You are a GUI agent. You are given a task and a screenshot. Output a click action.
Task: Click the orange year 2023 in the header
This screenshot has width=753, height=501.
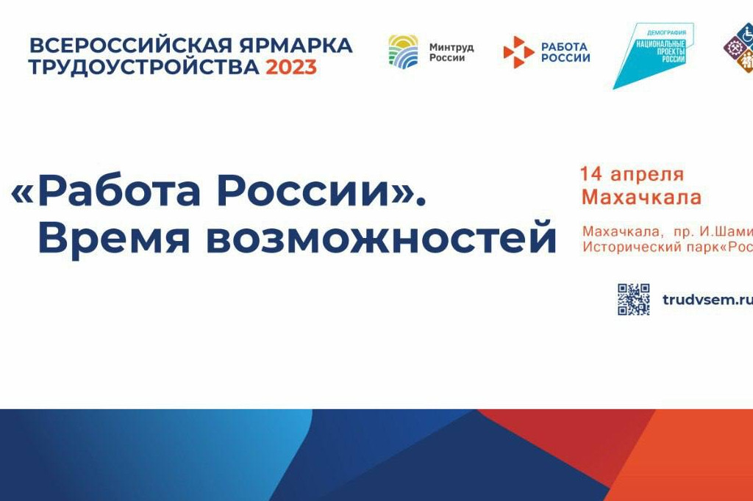click(x=291, y=67)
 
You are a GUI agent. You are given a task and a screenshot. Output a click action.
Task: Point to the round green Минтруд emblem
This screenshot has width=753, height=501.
click(x=403, y=52)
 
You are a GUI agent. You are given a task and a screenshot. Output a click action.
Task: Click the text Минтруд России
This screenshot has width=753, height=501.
click(x=451, y=52)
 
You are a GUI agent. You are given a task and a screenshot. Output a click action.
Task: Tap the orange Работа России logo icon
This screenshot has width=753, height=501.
click(x=518, y=52)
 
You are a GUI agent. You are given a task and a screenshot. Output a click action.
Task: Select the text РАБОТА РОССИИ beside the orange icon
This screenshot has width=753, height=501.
click(x=565, y=52)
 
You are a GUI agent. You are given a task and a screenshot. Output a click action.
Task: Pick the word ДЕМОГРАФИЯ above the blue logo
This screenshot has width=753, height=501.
click(x=666, y=33)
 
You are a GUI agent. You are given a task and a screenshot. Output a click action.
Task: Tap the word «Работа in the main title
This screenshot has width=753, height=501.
click(x=107, y=192)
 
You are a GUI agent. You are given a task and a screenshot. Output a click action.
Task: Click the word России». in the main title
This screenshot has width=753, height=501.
click(x=323, y=192)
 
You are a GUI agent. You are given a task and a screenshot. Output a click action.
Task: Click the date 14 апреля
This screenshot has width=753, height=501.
click(x=632, y=174)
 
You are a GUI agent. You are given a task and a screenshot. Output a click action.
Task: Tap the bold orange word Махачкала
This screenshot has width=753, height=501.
click(x=641, y=197)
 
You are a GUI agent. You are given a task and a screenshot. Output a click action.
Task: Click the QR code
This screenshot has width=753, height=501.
click(x=633, y=299)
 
